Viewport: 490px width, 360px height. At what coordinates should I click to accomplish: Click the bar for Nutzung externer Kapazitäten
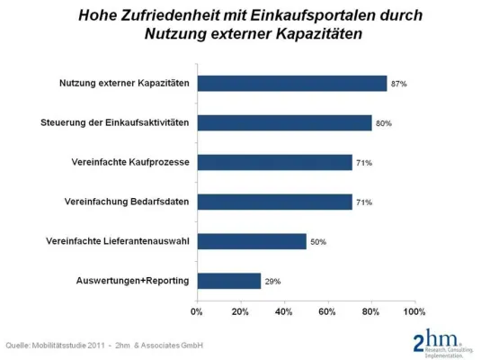[292, 84]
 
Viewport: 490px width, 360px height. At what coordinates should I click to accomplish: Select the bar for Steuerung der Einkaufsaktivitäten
[284, 123]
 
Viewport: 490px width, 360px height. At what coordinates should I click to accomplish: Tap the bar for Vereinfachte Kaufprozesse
[274, 163]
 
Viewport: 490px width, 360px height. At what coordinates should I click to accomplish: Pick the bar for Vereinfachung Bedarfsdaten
[274, 202]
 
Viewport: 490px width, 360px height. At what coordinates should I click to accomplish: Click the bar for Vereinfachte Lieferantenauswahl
[252, 241]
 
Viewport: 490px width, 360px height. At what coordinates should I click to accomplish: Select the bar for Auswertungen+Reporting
[228, 281]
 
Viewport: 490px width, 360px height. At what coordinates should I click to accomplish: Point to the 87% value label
[399, 84]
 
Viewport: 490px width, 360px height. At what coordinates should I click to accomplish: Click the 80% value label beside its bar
[384, 123]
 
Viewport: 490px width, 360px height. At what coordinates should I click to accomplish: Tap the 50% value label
[319, 241]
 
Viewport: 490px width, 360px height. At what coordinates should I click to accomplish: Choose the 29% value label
[273, 281]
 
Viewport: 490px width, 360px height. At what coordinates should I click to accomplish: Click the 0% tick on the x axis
[197, 311]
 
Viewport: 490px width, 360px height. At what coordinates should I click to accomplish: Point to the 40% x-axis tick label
[283, 311]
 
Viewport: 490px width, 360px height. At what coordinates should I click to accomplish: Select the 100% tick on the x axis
[414, 311]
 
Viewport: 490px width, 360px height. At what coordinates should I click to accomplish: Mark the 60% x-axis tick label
[327, 311]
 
